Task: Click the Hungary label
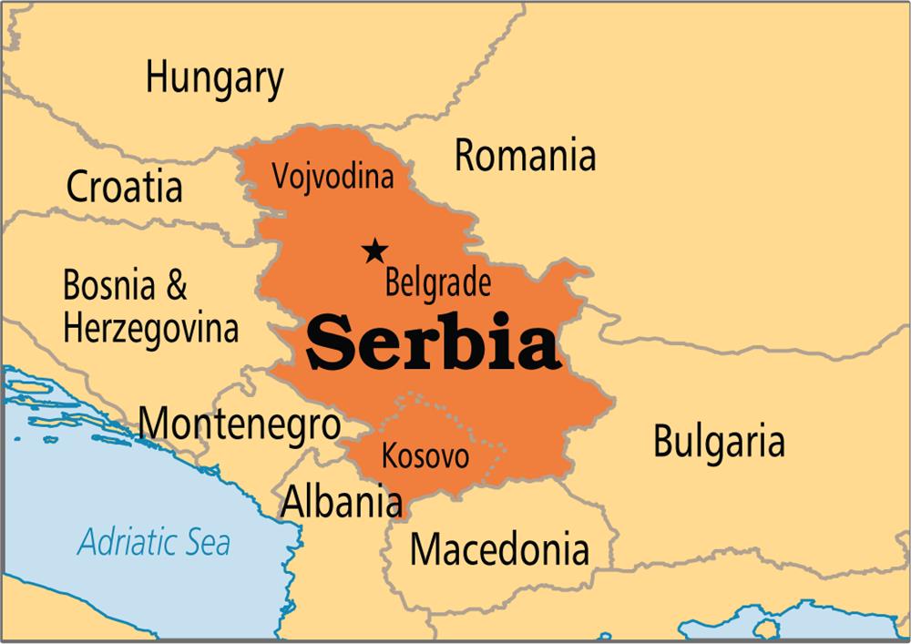[x=214, y=79]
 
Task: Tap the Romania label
[x=525, y=156]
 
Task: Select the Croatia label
[x=124, y=188]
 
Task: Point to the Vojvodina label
[x=333, y=175]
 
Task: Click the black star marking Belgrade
[x=374, y=250]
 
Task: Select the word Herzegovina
[x=151, y=327]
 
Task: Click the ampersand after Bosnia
[x=176, y=286]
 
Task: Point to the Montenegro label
[x=239, y=424]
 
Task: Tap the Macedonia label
[x=498, y=548]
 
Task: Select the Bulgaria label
[x=719, y=442]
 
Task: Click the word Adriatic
[x=127, y=543]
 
